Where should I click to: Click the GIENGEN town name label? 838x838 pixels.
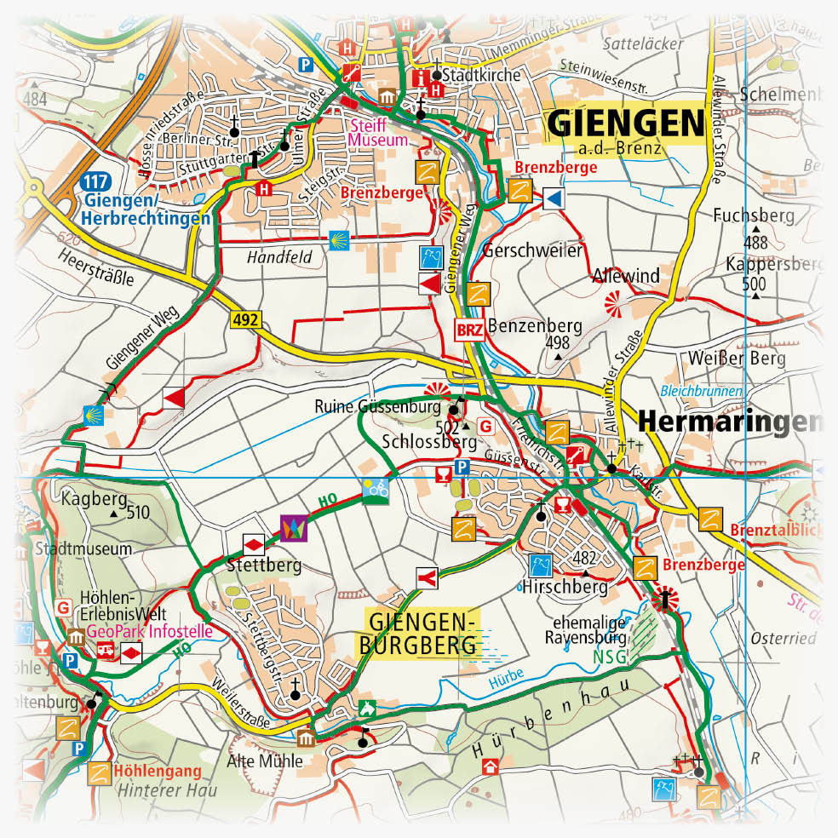pos(627,123)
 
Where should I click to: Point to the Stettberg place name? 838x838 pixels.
pos(264,564)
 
